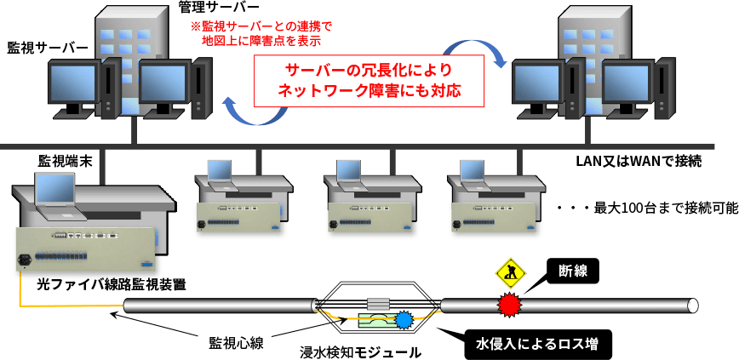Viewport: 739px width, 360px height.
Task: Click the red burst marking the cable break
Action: point(509,303)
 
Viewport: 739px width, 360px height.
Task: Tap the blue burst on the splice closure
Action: point(404,322)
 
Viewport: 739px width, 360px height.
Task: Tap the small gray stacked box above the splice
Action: point(378,305)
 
